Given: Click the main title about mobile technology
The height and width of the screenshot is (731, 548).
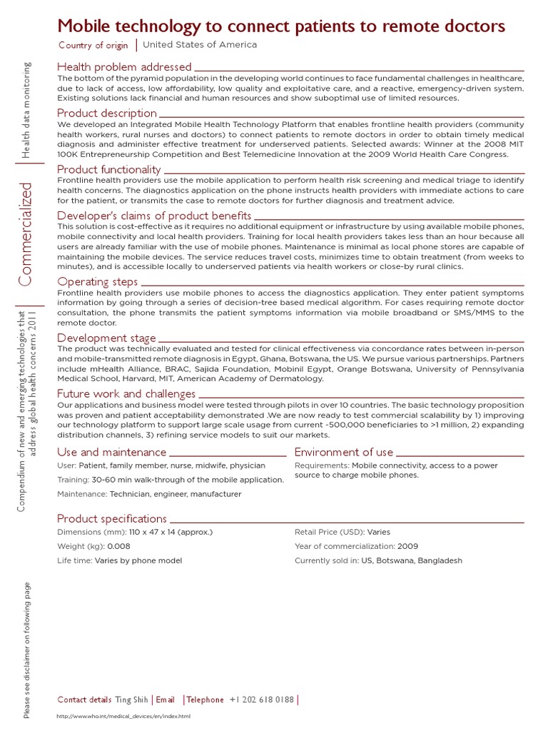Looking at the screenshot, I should click(x=281, y=26).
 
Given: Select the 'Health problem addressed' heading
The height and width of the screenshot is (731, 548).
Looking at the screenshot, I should click(x=124, y=67).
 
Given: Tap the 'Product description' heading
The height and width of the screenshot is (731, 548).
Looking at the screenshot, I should click(x=107, y=113).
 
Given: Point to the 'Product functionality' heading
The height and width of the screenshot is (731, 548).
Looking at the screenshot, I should click(x=109, y=169).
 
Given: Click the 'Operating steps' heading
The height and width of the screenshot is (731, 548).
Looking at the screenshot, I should click(x=97, y=281).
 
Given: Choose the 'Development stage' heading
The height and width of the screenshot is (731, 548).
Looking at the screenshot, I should click(x=106, y=338).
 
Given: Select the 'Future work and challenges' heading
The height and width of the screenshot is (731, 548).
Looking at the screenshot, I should click(x=126, y=393).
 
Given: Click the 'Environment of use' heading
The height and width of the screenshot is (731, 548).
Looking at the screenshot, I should click(x=343, y=452).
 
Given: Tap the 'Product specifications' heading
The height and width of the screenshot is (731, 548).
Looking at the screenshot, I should click(x=112, y=518).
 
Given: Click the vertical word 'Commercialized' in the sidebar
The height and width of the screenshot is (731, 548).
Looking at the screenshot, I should click(x=26, y=234).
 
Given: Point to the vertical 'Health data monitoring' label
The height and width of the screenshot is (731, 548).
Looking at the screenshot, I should click(x=26, y=110).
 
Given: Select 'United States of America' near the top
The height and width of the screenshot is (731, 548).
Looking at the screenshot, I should click(x=200, y=45).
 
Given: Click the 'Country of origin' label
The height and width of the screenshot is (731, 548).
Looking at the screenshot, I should click(x=93, y=46).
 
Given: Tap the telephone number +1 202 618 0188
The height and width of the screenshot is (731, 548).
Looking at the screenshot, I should click(x=262, y=700).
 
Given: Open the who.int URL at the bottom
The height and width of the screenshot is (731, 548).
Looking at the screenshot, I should click(x=123, y=716).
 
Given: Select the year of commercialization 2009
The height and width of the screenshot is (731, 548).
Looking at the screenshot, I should click(x=407, y=546).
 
